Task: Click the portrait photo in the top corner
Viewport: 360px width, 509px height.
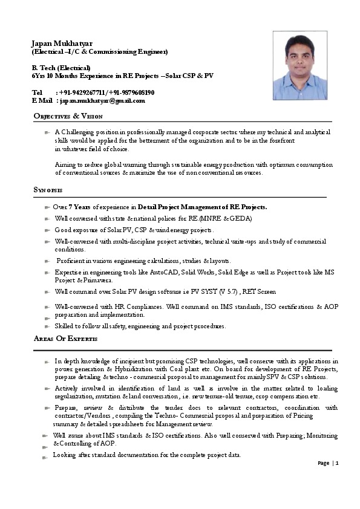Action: pos(299,65)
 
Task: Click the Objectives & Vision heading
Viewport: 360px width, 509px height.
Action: pos(68,115)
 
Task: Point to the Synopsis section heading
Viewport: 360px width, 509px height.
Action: pos(48,190)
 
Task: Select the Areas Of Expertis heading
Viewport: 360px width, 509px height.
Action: pos(65,338)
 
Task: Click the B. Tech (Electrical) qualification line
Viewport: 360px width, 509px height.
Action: pos(61,68)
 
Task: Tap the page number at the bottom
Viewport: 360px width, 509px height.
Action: pos(336,463)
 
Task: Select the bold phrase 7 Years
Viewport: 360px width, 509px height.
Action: pos(80,207)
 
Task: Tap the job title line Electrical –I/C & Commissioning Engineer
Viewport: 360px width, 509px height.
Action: pos(99,51)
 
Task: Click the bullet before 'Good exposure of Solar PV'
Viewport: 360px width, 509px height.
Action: pos(47,231)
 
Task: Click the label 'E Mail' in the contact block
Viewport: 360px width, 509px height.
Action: pos(42,100)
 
